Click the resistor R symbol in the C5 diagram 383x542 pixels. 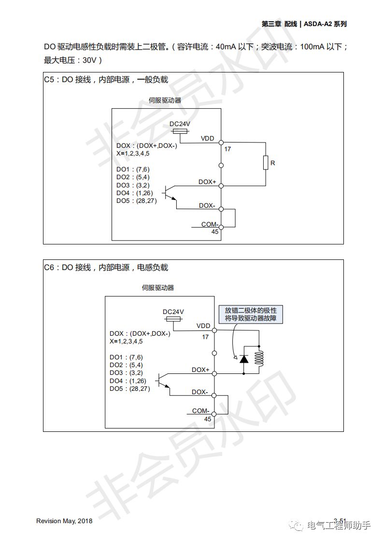pyautogui.click(x=266, y=163)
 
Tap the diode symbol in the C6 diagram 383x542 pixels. pyautogui.click(x=244, y=358)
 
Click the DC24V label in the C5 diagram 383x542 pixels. pyautogui.click(x=180, y=124)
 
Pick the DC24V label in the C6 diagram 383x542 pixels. pyautogui.click(x=173, y=312)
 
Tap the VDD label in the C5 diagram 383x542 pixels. pyautogui.click(x=207, y=139)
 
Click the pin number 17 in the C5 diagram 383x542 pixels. pyautogui.click(x=227, y=149)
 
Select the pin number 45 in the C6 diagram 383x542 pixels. pyautogui.click(x=208, y=419)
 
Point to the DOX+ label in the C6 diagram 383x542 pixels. pyautogui.click(x=200, y=370)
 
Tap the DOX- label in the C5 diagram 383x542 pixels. pyautogui.click(x=207, y=205)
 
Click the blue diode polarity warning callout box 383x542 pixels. pyautogui.click(x=251, y=314)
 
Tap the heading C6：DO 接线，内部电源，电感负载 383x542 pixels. pyautogui.click(x=106, y=268)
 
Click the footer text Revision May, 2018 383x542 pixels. pyautogui.click(x=64, y=521)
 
